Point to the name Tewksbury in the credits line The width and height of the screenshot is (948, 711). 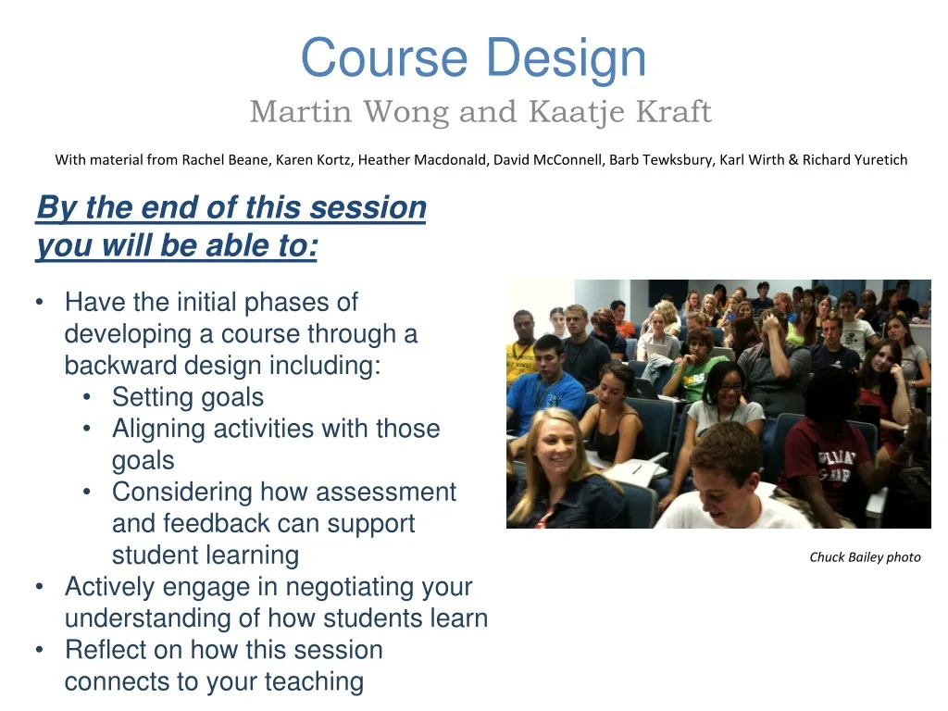675,159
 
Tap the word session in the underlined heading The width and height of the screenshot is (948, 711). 368,208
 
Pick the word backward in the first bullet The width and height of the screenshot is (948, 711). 120,366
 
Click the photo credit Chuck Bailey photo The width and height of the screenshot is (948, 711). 865,556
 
